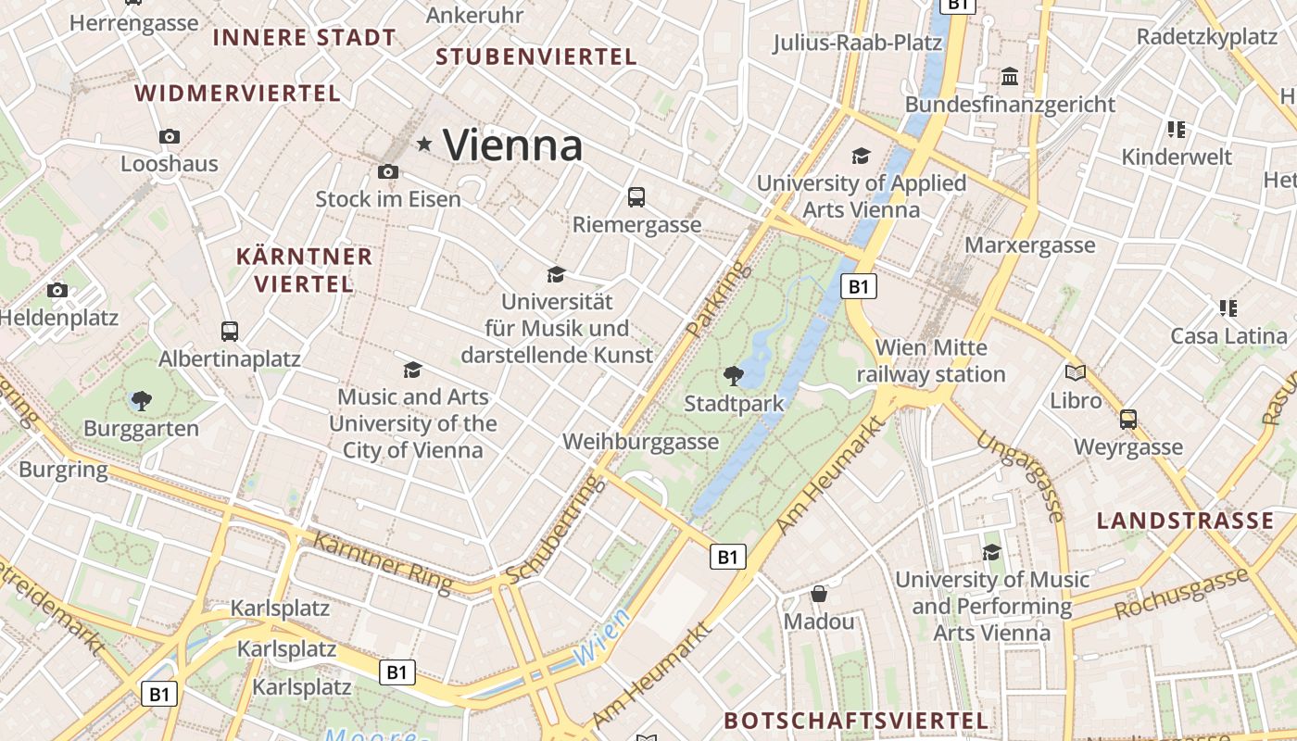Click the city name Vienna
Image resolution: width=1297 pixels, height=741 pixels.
(x=512, y=144)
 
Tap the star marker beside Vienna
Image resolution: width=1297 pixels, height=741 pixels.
(x=425, y=144)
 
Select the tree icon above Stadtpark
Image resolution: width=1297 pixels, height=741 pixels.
(x=733, y=375)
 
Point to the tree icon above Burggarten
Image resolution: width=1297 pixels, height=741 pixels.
(x=141, y=400)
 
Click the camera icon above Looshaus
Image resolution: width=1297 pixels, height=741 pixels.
(x=170, y=136)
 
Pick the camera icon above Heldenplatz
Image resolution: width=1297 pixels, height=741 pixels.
(x=57, y=290)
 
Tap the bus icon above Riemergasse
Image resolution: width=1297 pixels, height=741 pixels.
(x=636, y=196)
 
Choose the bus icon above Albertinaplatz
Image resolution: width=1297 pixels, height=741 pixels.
(x=229, y=331)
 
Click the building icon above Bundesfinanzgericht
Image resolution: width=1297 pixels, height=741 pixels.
(x=1010, y=75)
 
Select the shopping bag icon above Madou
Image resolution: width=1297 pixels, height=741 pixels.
(x=819, y=593)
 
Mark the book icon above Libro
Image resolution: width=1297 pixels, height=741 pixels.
(x=1076, y=372)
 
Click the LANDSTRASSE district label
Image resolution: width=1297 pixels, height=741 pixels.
(x=1185, y=521)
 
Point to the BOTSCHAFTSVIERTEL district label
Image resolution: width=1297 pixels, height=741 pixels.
(x=856, y=721)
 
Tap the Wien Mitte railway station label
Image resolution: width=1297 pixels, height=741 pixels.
(x=931, y=361)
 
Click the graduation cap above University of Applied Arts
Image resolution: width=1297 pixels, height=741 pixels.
(x=862, y=156)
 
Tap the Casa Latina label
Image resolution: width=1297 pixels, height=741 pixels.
(x=1228, y=335)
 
